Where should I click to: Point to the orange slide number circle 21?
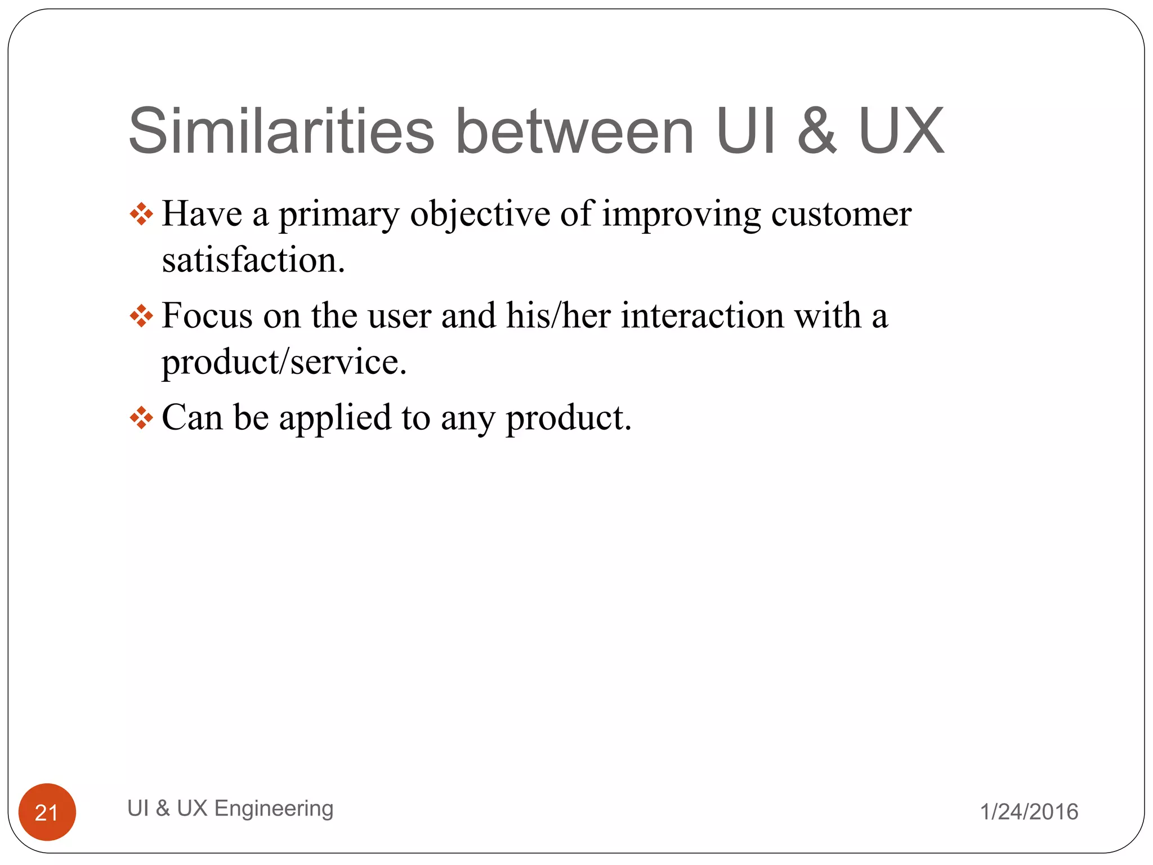click(x=47, y=812)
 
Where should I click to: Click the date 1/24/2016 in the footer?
click(x=1029, y=812)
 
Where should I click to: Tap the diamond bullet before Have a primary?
click(x=141, y=214)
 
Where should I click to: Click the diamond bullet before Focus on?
click(x=141, y=316)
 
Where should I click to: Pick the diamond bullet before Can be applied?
click(x=141, y=418)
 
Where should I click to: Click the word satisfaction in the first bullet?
click(x=253, y=260)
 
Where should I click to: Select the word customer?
click(x=841, y=214)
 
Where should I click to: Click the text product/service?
click(x=284, y=362)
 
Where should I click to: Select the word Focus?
click(x=207, y=315)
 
